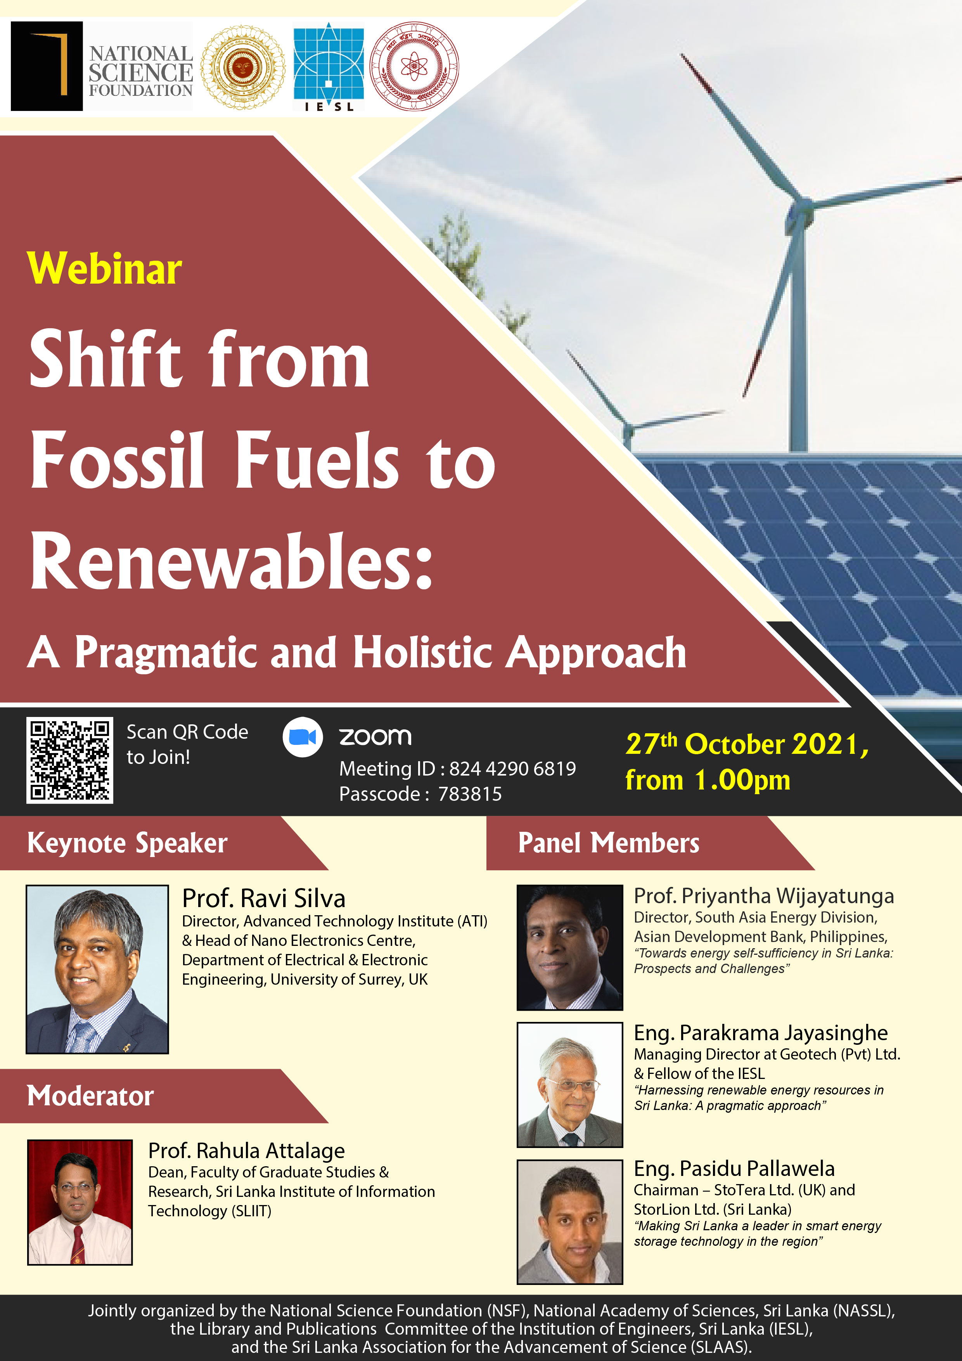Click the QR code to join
(69, 760)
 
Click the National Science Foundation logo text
(140, 71)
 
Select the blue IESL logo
(329, 66)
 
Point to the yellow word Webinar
(104, 269)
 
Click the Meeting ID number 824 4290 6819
(512, 769)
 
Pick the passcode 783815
(469, 794)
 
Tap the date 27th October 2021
(746, 745)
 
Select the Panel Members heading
(608, 843)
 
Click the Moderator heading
(90, 1096)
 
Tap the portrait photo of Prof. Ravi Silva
(97, 969)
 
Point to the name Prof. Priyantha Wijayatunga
(763, 896)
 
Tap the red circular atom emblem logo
(414, 66)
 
